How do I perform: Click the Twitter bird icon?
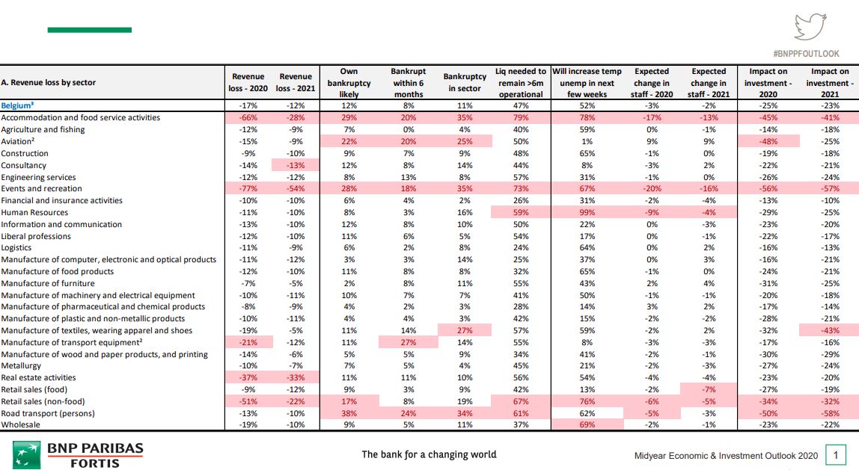tap(810, 27)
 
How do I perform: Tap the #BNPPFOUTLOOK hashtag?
tap(806, 54)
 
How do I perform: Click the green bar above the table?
tap(89, 30)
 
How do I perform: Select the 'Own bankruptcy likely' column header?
tap(349, 83)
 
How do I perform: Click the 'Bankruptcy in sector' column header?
tap(465, 83)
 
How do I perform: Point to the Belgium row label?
tap(17, 105)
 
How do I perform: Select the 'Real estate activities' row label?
tap(38, 377)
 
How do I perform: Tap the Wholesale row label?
tap(21, 424)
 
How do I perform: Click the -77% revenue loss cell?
tap(248, 189)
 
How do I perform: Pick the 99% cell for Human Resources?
tap(587, 212)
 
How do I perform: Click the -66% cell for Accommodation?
tap(248, 117)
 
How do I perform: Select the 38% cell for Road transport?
tap(349, 414)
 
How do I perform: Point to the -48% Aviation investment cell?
tap(768, 141)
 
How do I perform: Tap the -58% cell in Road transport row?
tap(830, 414)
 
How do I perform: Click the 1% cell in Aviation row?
tap(587, 141)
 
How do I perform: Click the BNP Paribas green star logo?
tap(26, 455)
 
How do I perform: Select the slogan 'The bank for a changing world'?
tap(429, 454)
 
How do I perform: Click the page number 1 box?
tap(836, 455)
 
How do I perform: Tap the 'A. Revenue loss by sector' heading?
tap(48, 83)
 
